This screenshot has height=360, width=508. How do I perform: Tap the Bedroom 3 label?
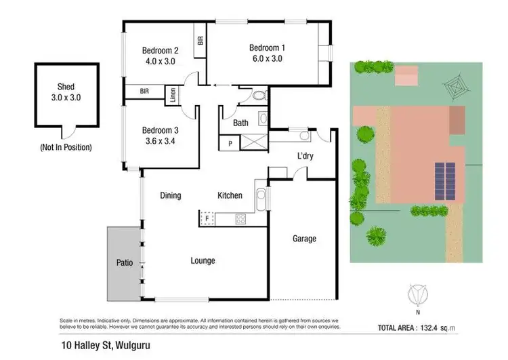(160, 131)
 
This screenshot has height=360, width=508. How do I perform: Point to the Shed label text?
(65, 87)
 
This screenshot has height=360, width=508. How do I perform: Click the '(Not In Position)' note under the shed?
(66, 147)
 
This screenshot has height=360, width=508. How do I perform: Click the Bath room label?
(240, 123)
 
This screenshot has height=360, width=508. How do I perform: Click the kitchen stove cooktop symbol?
(240, 218)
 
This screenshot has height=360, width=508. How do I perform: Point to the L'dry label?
(305, 157)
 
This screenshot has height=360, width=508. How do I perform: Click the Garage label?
(304, 239)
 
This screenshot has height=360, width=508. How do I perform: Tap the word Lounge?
(203, 260)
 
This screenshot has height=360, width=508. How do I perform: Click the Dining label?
(171, 196)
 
